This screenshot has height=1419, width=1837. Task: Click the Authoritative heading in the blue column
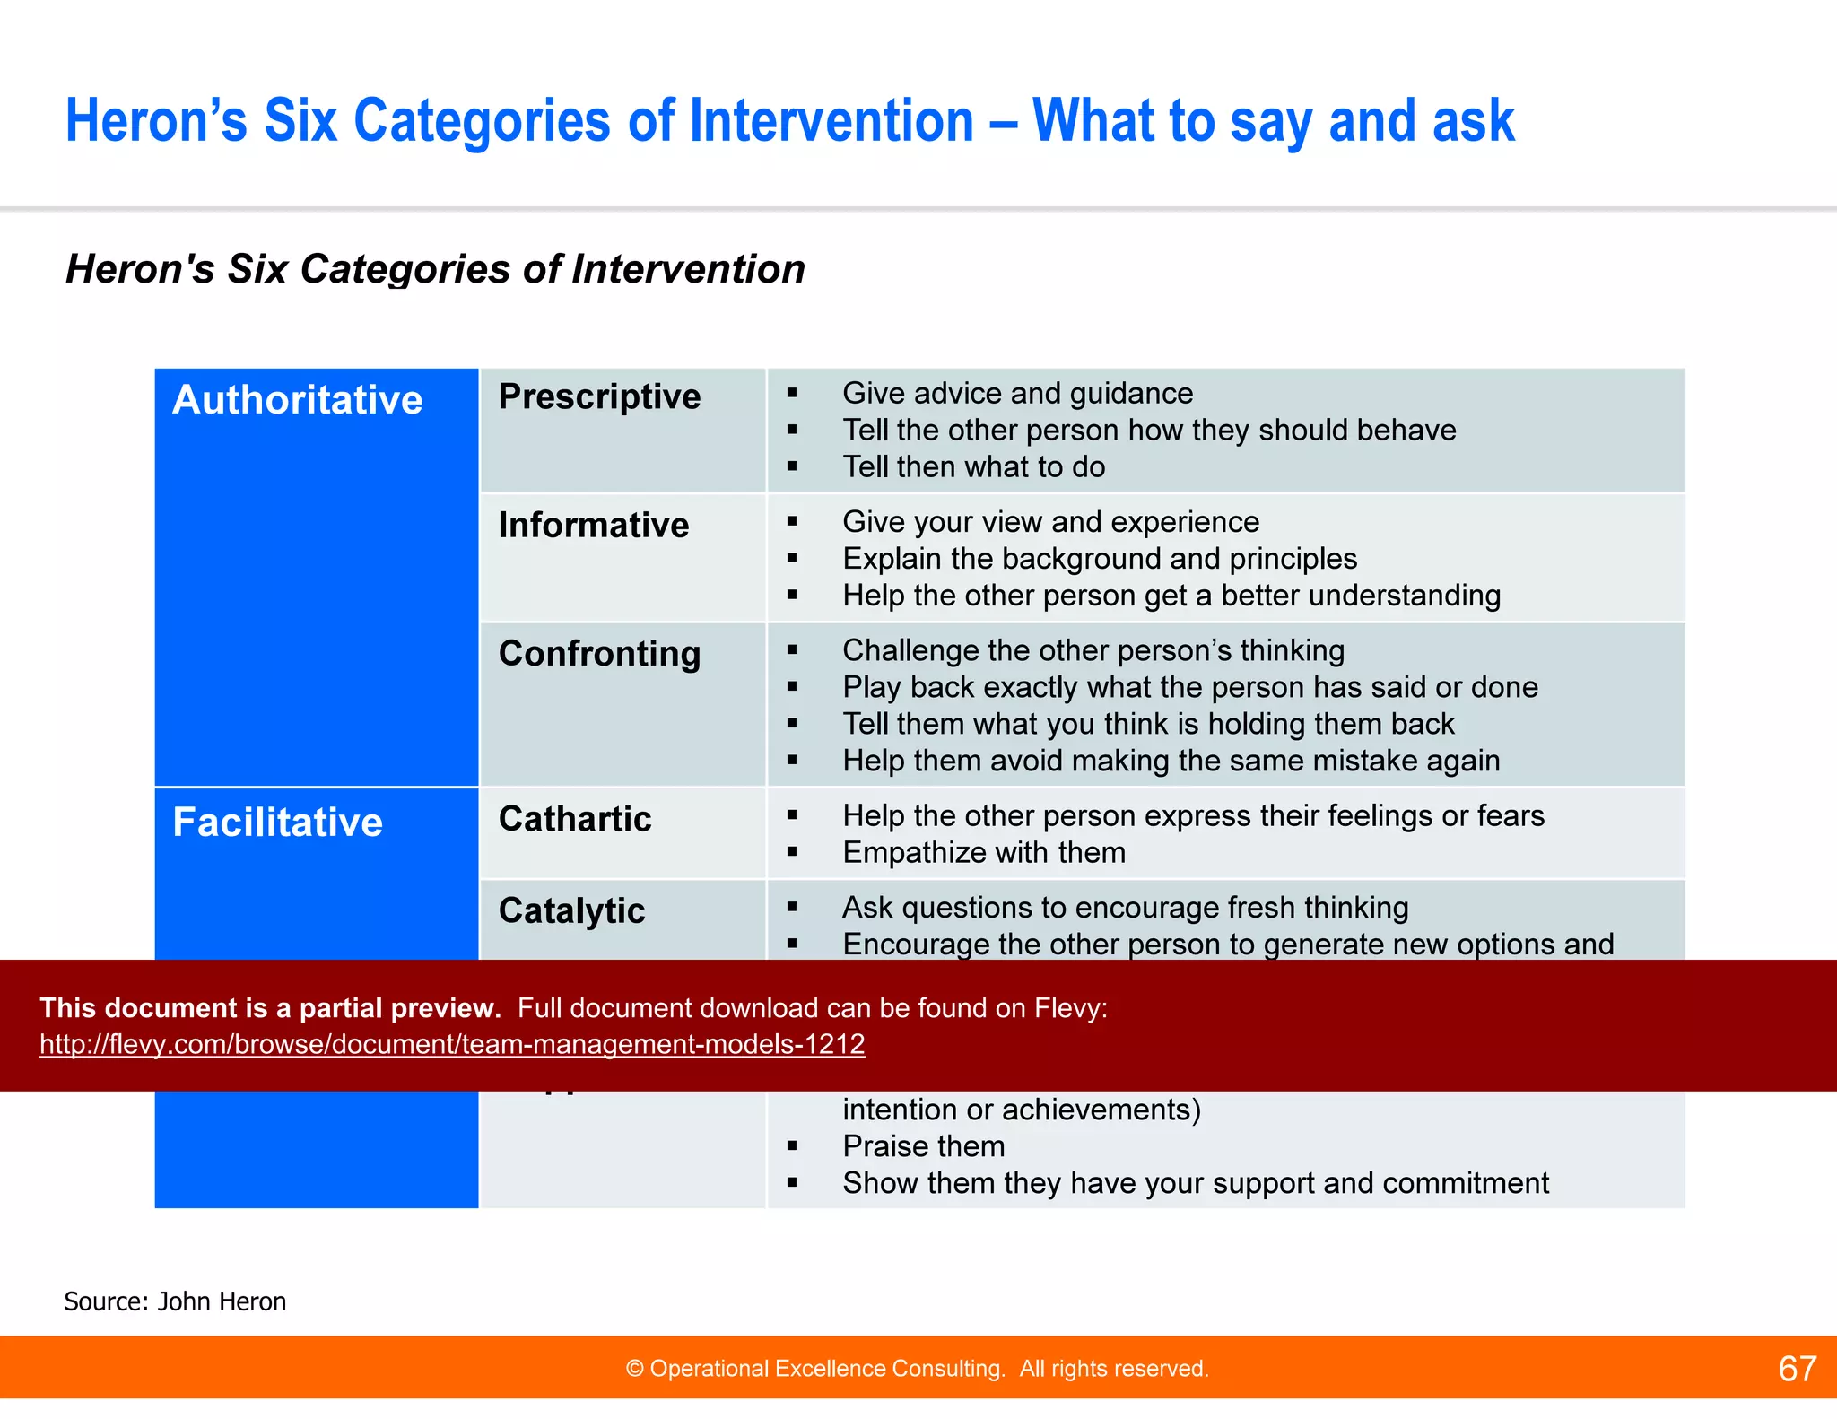pos(297,400)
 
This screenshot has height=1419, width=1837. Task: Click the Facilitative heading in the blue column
pos(277,823)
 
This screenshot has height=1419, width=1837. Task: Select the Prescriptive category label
pos(599,397)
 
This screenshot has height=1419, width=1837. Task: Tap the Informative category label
pos(594,526)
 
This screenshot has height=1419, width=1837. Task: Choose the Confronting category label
pos(599,654)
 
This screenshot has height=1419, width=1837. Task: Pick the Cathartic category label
pos(575,819)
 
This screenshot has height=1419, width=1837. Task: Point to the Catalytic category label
pos(571,911)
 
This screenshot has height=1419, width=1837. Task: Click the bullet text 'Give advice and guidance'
pos(1017,394)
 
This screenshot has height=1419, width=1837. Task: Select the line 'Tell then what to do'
pos(973,467)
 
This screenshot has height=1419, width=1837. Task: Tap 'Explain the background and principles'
pos(1100,559)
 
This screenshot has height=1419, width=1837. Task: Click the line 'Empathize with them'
pos(984,853)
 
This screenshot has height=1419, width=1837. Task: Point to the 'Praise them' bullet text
pos(924,1146)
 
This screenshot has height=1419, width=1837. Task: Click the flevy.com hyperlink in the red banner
pos(452,1044)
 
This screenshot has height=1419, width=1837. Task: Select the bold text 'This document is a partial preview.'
pos(270,1008)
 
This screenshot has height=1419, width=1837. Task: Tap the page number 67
pos(1797,1369)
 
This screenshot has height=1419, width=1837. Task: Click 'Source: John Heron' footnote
pos(175,1301)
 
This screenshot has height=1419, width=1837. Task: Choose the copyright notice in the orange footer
pos(917,1369)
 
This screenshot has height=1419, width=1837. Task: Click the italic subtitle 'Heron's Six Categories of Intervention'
pos(435,269)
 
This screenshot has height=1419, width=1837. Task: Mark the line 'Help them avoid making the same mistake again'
pos(1171,762)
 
